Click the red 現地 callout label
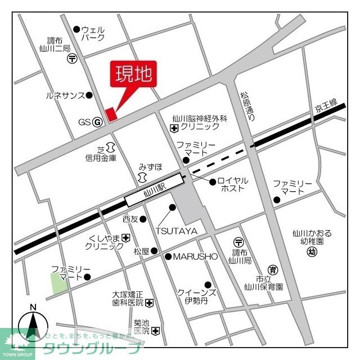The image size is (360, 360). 135,74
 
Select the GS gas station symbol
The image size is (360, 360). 97,121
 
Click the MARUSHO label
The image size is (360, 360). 195,256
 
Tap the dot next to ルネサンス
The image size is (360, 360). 89,96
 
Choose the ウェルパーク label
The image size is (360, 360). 93,33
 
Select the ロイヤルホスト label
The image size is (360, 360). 232,185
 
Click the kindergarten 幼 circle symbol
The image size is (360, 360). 311,251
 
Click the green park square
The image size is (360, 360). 59,282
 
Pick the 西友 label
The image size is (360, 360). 130,219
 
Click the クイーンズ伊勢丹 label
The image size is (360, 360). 196,296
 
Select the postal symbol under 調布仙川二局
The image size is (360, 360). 72,58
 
